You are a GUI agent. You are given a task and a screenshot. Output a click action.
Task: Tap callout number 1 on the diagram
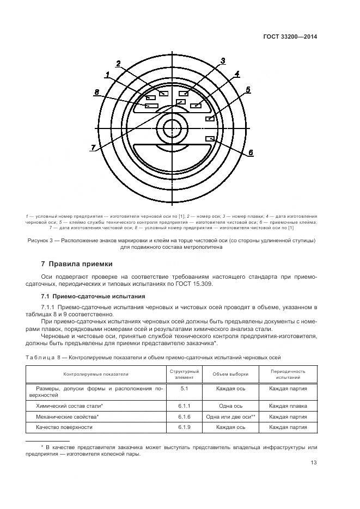108,74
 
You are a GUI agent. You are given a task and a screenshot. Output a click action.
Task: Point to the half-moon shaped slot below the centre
172,154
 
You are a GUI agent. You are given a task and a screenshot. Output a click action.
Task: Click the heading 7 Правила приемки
77,264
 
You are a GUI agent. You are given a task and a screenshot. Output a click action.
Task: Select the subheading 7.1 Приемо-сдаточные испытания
93,296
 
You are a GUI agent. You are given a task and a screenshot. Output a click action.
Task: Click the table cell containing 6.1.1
184,406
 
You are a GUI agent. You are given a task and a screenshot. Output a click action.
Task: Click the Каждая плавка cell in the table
288,406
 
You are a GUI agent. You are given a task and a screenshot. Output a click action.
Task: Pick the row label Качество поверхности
64,427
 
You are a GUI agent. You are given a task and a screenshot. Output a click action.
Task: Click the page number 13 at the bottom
314,463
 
